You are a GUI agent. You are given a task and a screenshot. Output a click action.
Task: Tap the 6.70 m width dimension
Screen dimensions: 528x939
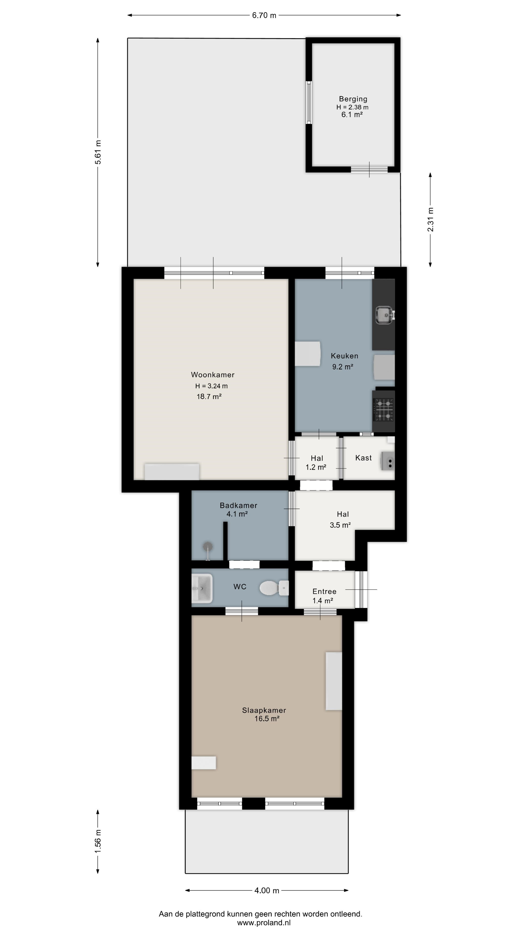(x=264, y=15)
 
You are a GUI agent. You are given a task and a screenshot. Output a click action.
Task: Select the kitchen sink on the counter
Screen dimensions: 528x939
(x=385, y=315)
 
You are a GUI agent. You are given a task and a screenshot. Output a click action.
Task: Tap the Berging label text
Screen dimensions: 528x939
(x=353, y=99)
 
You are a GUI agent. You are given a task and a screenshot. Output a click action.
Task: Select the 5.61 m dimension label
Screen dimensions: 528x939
(x=98, y=152)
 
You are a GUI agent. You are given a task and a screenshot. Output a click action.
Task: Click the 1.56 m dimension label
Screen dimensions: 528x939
(x=98, y=841)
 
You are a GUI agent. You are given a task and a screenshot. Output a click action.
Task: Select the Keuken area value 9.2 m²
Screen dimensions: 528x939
(x=342, y=367)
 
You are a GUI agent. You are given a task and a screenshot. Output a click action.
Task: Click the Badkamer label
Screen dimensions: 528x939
(x=238, y=505)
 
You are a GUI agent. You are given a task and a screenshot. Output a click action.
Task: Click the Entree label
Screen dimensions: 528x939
(x=324, y=591)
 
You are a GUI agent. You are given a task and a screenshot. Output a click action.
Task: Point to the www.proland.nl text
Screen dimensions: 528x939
(x=264, y=923)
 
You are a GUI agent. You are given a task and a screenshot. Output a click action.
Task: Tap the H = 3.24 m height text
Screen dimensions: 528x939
(x=211, y=386)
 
